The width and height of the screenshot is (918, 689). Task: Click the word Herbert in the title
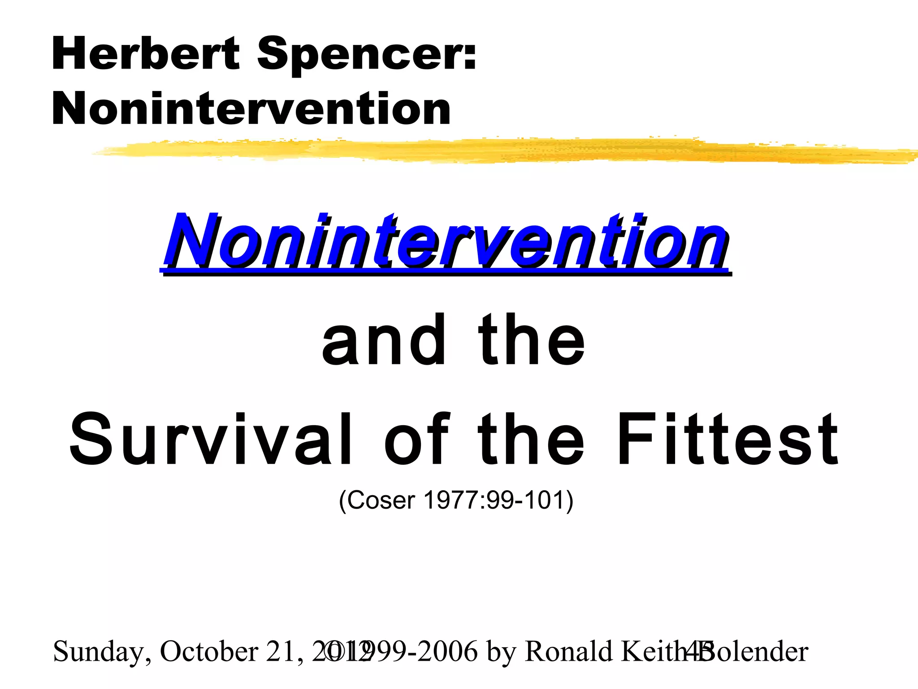point(146,54)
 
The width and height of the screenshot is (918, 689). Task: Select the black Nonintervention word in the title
point(251,109)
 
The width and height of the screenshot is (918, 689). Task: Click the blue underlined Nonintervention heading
point(446,242)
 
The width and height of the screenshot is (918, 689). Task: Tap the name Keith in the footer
point(650,651)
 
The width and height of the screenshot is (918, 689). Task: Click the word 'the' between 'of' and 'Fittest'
point(531,439)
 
